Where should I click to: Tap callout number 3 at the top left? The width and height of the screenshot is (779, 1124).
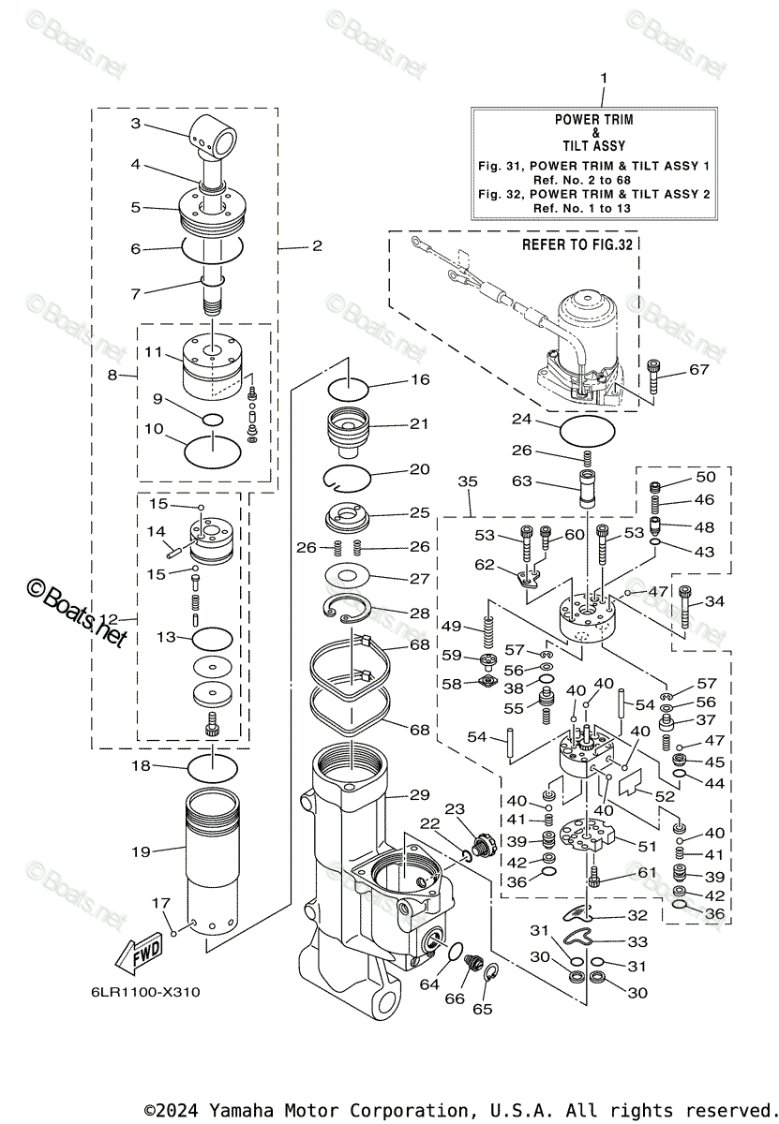[136, 124]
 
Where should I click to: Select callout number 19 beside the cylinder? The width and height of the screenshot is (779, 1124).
[141, 851]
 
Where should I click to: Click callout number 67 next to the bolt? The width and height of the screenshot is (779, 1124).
[699, 369]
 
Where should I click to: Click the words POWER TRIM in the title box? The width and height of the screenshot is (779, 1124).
[593, 120]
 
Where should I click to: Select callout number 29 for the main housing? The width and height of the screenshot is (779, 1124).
[419, 794]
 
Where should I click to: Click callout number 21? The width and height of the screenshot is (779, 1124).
[419, 423]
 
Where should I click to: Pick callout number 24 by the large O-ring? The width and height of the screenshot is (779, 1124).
[522, 419]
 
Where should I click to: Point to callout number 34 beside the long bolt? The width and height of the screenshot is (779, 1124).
[714, 600]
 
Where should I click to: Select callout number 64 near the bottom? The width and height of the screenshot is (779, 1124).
[429, 984]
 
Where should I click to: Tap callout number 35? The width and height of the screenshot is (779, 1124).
[468, 481]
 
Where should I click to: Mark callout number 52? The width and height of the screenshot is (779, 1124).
[665, 795]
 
